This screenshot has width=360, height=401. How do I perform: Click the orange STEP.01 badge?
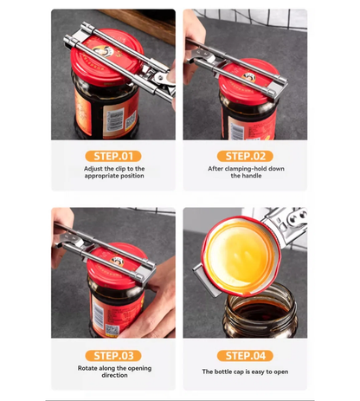tap(113, 156)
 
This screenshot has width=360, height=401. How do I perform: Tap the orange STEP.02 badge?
tap(246, 156)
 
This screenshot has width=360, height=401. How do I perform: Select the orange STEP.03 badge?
tap(113, 355)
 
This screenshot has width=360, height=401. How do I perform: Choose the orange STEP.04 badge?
tap(246, 355)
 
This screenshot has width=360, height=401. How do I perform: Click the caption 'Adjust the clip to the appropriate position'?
tap(113, 172)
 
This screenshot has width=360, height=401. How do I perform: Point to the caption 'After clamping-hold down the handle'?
tap(246, 172)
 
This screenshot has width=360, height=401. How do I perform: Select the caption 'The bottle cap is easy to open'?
tap(246, 372)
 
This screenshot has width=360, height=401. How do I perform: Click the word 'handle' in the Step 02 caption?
tap(246, 177)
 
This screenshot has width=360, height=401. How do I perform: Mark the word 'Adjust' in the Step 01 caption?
tap(95, 168)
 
